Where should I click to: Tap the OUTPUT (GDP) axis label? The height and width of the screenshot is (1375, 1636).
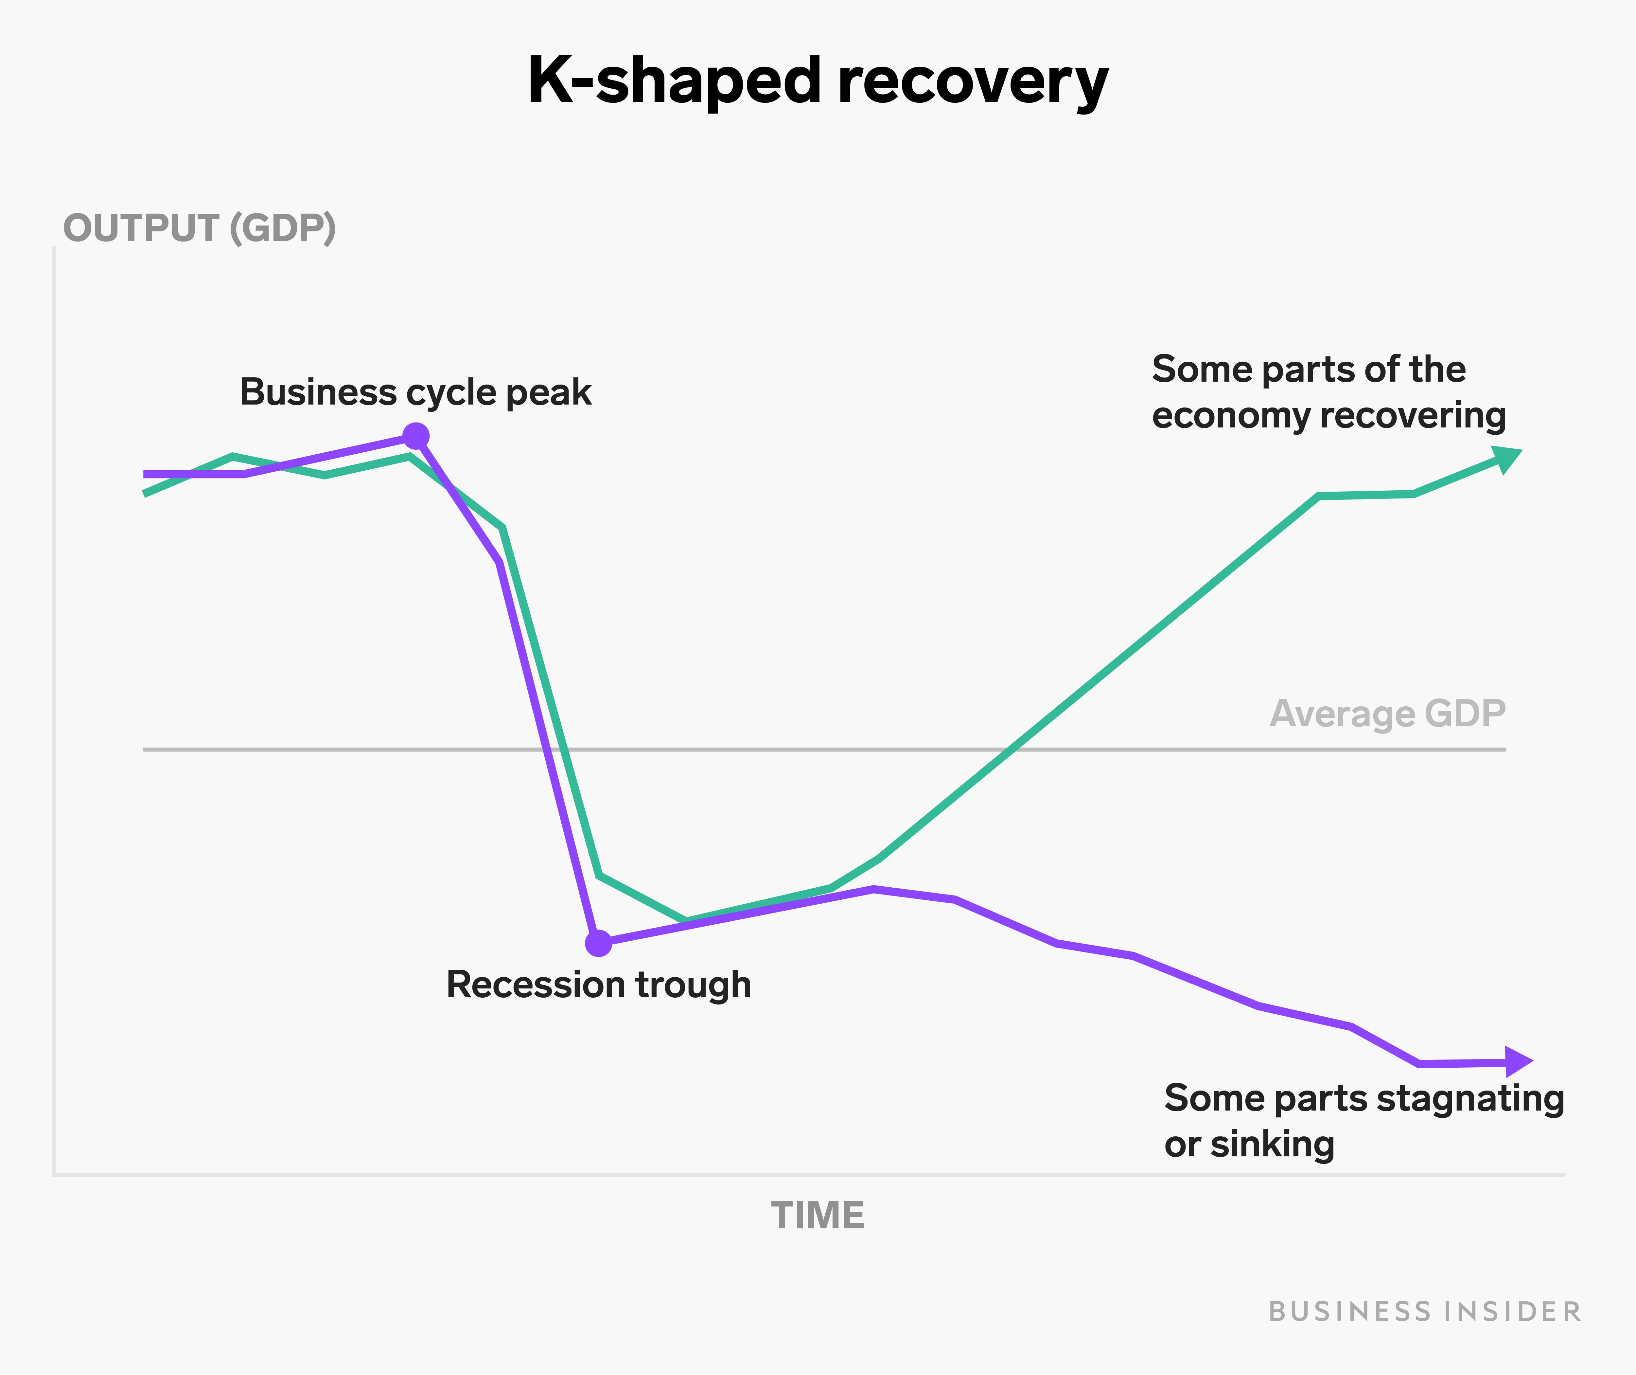click(200, 228)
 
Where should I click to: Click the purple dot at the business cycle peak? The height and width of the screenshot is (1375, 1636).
click(416, 436)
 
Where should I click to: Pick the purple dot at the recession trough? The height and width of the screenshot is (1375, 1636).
click(598, 943)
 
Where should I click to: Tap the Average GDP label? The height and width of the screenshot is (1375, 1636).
click(1387, 713)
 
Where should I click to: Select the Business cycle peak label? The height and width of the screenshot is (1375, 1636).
click(415, 392)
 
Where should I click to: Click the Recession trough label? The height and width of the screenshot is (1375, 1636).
click(598, 985)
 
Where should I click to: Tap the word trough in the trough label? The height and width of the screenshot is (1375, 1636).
click(693, 985)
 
